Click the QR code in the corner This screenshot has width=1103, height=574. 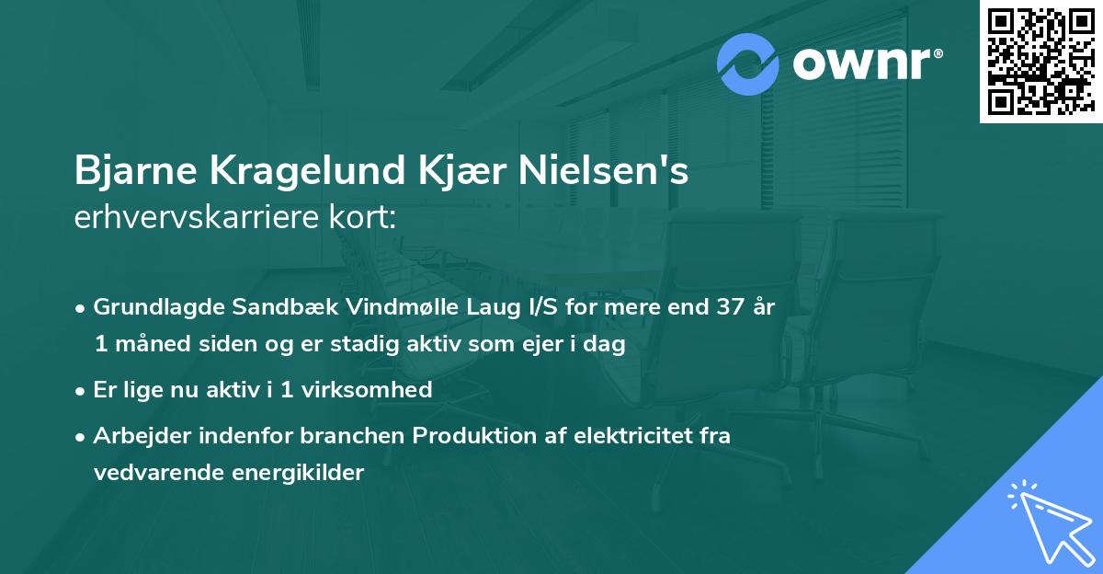coord(1040,62)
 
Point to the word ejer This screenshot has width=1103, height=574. coord(551,346)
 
